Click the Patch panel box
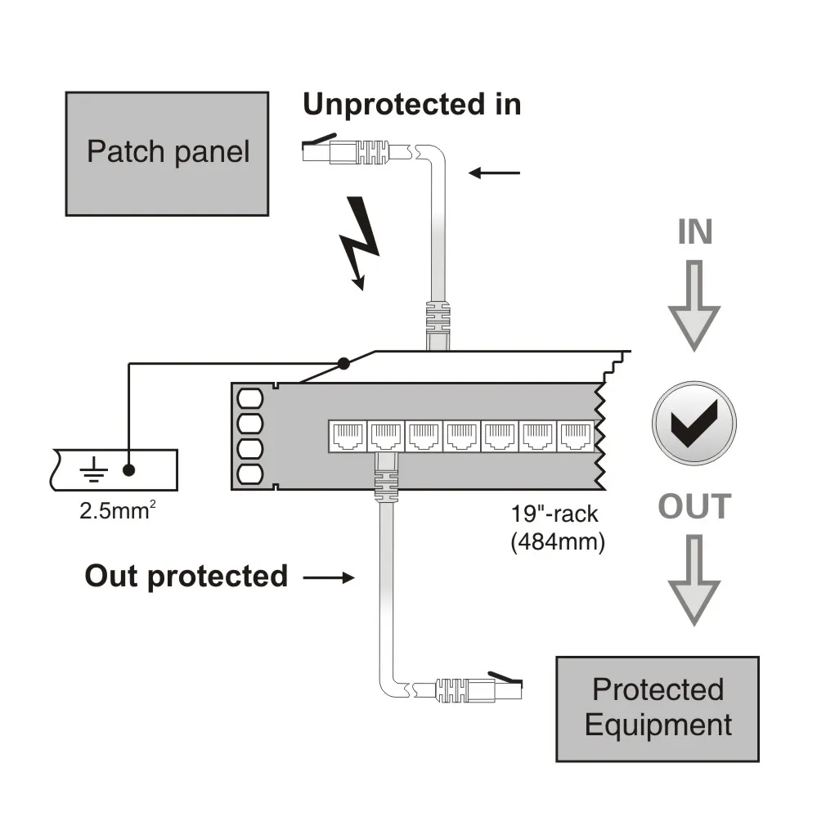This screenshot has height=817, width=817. click(x=167, y=154)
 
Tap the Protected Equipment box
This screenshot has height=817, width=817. click(x=658, y=708)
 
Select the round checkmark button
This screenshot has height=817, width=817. click(x=694, y=424)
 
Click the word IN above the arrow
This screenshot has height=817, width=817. click(x=694, y=233)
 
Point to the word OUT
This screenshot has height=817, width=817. click(x=694, y=507)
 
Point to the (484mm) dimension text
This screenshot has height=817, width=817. click(x=557, y=542)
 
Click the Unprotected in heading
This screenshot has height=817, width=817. click(x=411, y=105)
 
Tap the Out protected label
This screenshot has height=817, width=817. click(x=186, y=576)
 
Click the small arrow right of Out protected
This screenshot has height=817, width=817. click(x=329, y=578)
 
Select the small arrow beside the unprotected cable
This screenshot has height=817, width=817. click(x=496, y=173)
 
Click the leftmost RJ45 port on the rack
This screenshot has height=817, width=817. click(x=347, y=435)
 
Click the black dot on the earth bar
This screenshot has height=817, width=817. click(x=128, y=469)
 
